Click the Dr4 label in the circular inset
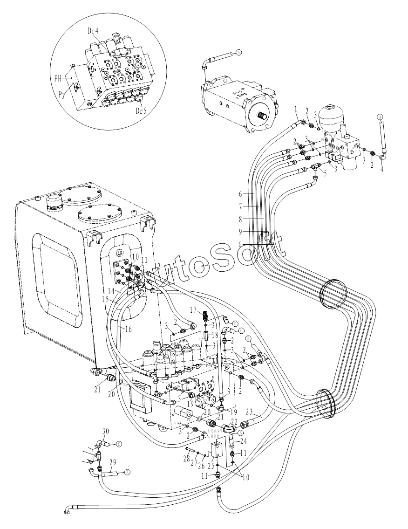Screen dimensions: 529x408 coord(93,31)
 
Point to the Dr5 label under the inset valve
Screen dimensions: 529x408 coord(141,111)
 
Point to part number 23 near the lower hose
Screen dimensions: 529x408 coord(249,412)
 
